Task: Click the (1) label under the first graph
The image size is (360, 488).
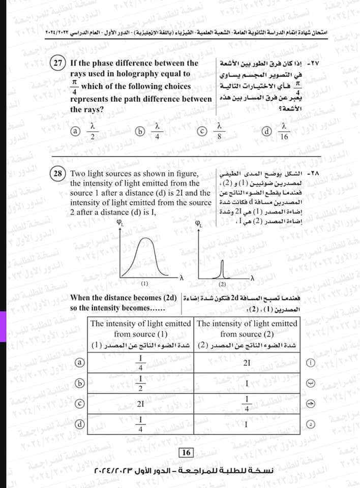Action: coord(144,283)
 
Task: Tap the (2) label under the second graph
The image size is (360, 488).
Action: coord(222,283)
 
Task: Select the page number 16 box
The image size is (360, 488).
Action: coord(185,452)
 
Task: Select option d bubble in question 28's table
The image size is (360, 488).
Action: coord(79,423)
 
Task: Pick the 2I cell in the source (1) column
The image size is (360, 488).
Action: coord(141,404)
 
